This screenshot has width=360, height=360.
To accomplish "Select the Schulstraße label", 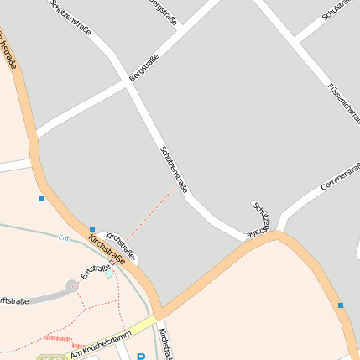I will pyautogui.click(x=339, y=10).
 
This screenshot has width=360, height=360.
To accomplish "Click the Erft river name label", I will pyautogui.click(x=64, y=237).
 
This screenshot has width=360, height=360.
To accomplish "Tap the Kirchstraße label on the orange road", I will pyautogui.click(x=107, y=250).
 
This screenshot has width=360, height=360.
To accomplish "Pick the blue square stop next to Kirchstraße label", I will pyautogui.click(x=92, y=230).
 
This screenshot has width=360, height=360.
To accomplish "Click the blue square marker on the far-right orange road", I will pyautogui.click(x=341, y=305).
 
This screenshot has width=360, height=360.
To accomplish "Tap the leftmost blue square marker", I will pyautogui.click(x=41, y=199).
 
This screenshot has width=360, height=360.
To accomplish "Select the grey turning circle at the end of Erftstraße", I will pyautogui.click(x=72, y=285).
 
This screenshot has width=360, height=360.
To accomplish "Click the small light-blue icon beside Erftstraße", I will pyautogui.click(x=108, y=273).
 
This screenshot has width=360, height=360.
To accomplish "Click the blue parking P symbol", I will pyautogui.click(x=139, y=356).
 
